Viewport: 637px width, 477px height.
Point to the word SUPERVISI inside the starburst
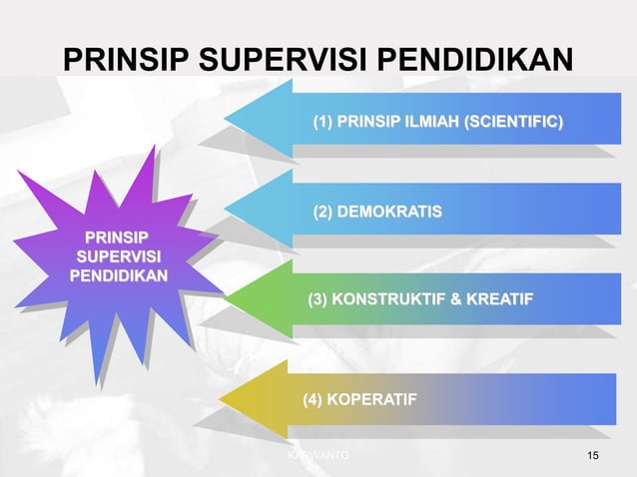tap(117, 256)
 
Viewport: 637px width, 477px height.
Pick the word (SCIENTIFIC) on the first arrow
tap(515, 123)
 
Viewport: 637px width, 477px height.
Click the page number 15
tap(594, 456)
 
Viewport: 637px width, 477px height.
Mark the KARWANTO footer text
tap(318, 456)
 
